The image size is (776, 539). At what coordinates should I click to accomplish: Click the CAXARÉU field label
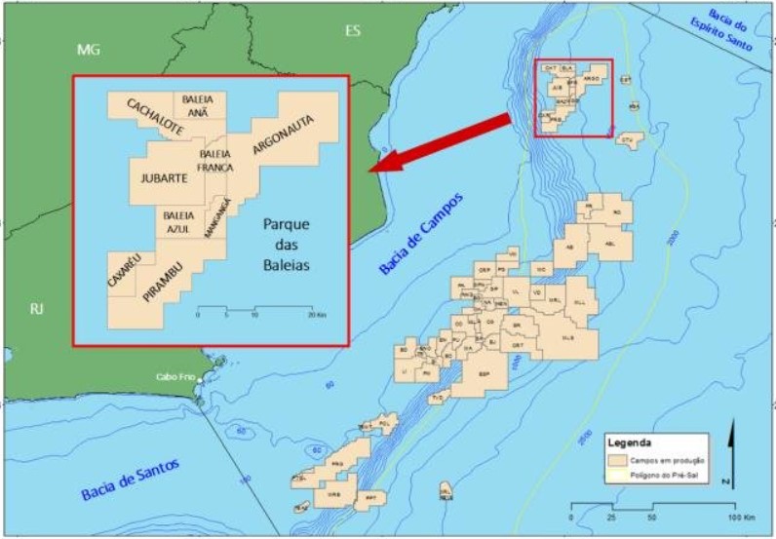click(x=126, y=270)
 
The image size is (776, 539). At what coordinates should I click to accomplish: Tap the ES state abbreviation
click(x=353, y=31)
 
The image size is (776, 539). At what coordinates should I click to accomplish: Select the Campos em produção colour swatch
click(x=618, y=458)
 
